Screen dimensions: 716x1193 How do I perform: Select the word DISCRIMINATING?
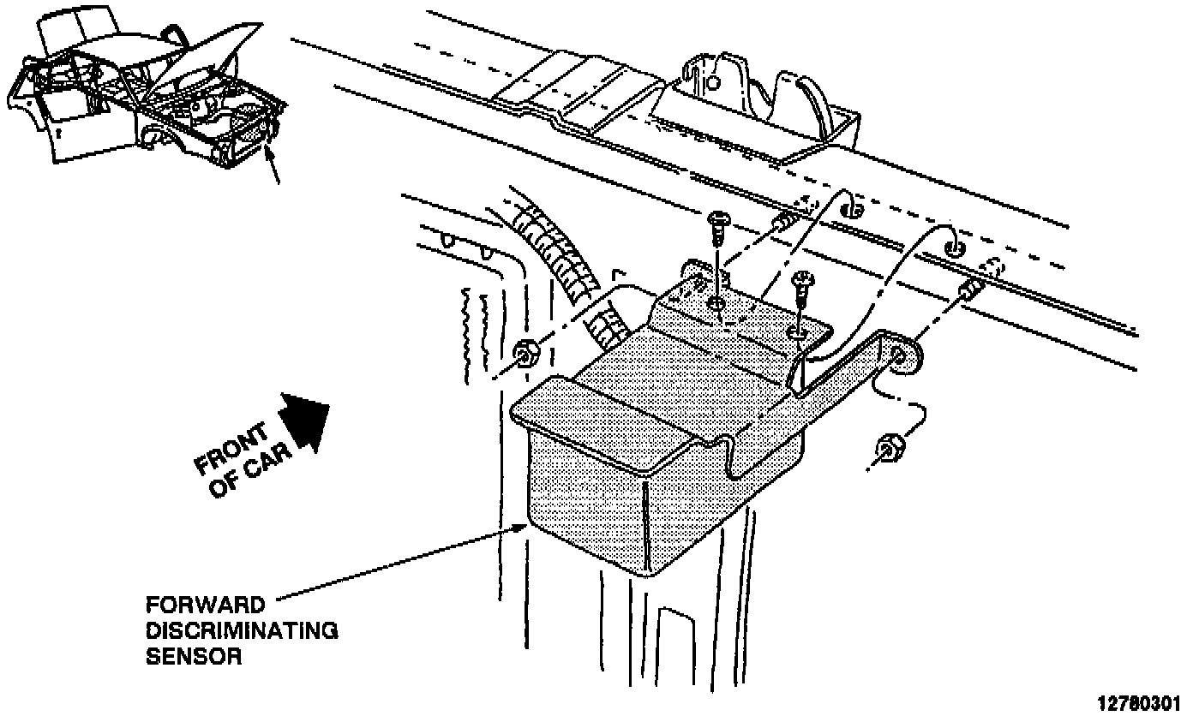point(242,630)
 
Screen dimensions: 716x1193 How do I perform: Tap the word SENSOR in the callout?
point(194,659)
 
